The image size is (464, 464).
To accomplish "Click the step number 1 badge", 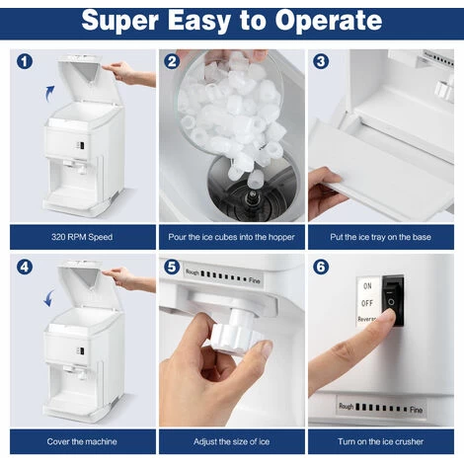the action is tap(25, 61).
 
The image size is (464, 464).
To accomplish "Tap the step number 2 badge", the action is tap(172, 61).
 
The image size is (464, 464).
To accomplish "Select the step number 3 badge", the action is tap(321, 61).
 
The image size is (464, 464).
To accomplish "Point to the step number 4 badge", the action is tap(25, 267).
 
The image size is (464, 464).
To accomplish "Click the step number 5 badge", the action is tap(172, 267).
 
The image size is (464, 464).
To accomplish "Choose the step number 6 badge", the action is tap(321, 267).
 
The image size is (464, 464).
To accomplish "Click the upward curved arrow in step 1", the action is tap(49, 94).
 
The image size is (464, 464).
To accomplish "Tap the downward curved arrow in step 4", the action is tap(49, 298).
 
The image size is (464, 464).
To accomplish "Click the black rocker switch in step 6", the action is tap(393, 301).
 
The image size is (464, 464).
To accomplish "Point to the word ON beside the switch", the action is tap(367, 286).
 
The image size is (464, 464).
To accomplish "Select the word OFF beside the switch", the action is tap(367, 303).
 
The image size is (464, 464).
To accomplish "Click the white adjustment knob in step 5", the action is tap(234, 333).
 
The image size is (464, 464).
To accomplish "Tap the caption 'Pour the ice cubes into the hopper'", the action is tap(231, 237).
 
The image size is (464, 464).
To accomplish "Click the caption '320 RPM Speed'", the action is tap(82, 237).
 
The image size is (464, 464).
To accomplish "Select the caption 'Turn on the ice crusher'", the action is tap(380, 441).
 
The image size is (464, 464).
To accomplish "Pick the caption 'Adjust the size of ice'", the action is tap(231, 441).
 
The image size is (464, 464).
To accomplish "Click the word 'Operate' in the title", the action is tap(328, 22).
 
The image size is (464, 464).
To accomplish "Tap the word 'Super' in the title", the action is tap(120, 22).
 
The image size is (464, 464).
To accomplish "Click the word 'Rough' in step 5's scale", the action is tap(193, 272).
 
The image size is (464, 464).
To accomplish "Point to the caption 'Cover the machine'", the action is tap(82, 441).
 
